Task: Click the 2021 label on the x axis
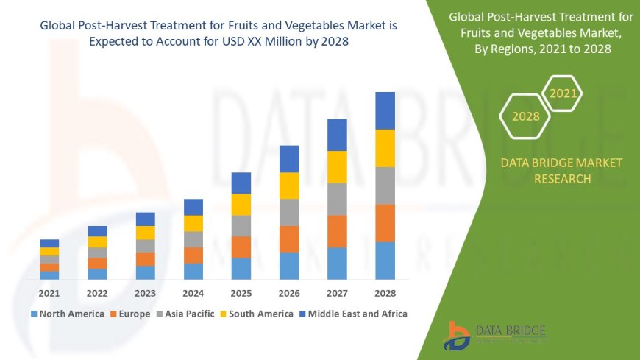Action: (x=49, y=293)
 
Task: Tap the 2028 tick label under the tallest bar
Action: (x=385, y=293)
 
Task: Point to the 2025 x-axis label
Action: (x=241, y=293)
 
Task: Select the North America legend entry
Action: (x=68, y=314)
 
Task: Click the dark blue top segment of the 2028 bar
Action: (x=385, y=110)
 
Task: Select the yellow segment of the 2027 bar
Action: (x=337, y=166)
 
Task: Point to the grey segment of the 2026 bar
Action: (x=289, y=212)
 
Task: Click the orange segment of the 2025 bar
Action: (x=241, y=247)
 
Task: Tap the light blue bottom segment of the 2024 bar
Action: (x=193, y=271)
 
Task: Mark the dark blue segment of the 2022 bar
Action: (x=97, y=231)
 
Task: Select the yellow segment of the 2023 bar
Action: (x=146, y=233)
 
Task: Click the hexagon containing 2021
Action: (x=563, y=93)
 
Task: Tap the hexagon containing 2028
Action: (x=525, y=116)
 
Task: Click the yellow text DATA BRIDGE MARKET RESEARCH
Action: (x=561, y=171)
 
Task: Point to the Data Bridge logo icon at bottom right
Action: (x=457, y=336)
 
